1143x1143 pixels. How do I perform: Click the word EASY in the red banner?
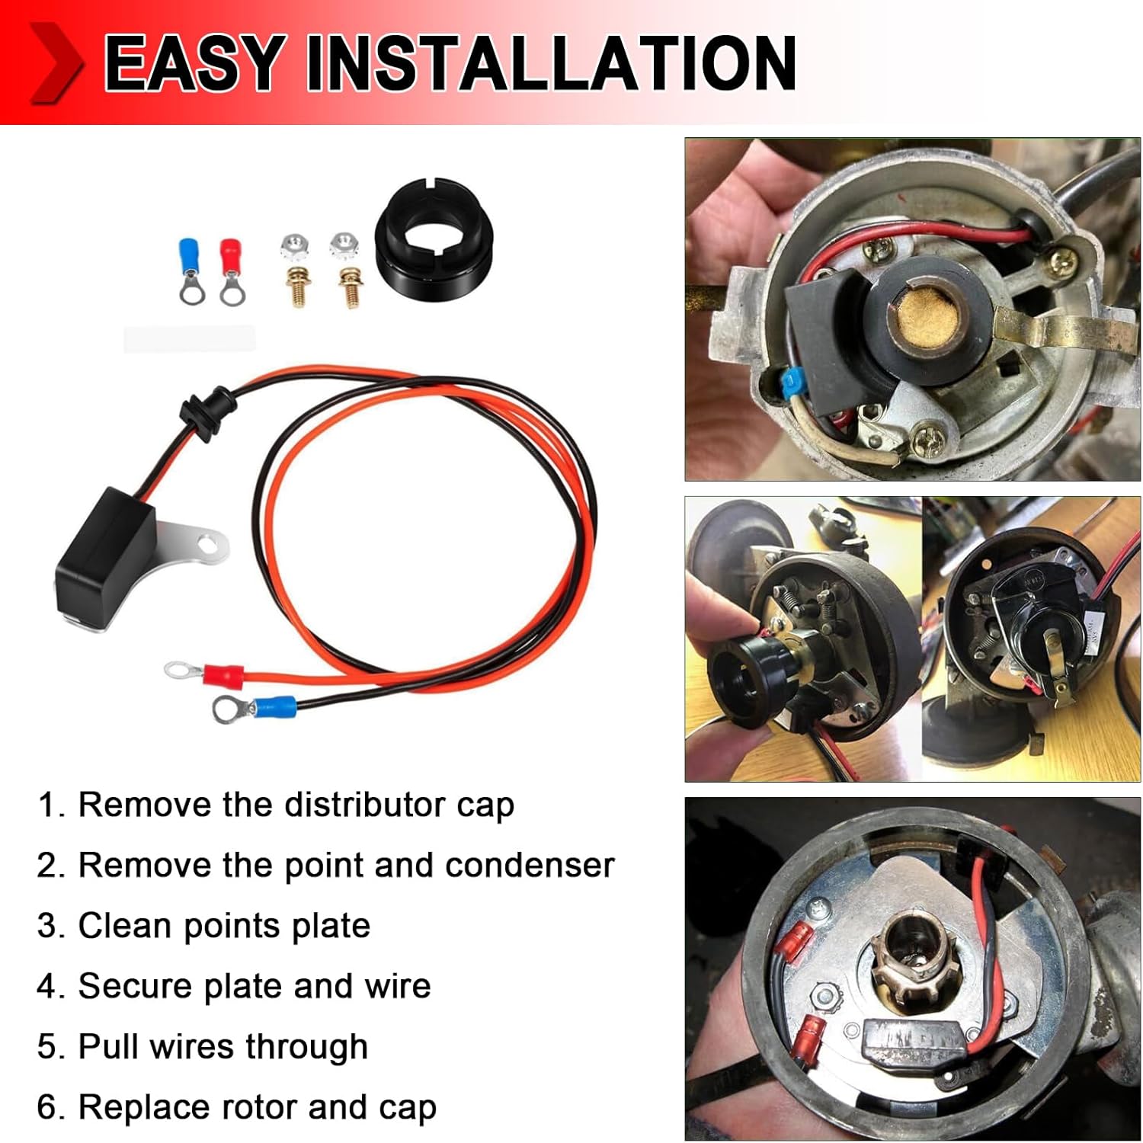tap(194, 64)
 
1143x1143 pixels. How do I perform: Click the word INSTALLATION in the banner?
tap(550, 64)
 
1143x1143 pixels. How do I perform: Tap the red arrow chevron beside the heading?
tap(55, 62)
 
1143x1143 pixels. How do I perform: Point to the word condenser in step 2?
tap(530, 865)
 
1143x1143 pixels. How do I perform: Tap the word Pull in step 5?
tap(107, 1046)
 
